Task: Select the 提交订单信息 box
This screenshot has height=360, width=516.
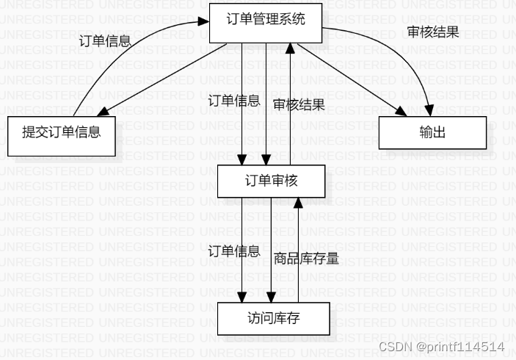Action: coord(62,133)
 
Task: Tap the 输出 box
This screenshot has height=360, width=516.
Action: coord(432,132)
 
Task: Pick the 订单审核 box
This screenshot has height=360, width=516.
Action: coord(271,180)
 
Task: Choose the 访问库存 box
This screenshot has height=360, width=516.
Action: coord(274,319)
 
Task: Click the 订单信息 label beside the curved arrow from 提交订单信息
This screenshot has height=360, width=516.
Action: coord(104,40)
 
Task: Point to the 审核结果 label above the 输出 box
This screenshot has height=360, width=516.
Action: coord(433,33)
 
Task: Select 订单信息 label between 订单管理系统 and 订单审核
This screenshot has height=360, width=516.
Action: coord(233,101)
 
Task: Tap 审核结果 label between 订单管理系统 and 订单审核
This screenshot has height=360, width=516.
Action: coord(299,104)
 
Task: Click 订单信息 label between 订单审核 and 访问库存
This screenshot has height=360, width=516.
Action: coord(234,251)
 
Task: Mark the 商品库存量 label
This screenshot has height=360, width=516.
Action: coord(306,258)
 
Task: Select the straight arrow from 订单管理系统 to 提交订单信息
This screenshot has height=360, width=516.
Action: coord(161,79)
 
